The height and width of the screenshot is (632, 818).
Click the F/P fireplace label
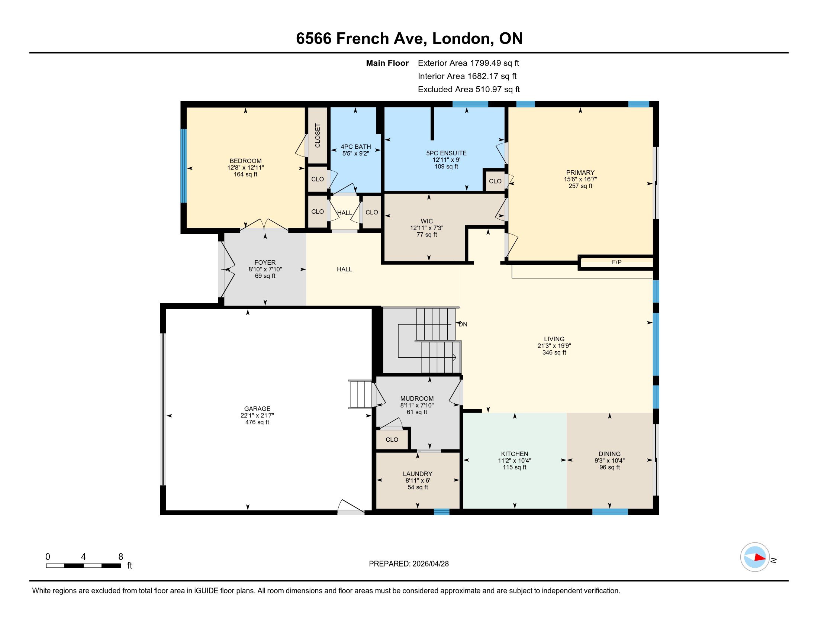click(616, 262)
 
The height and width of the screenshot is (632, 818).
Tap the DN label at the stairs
click(463, 324)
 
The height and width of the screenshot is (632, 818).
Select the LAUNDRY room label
click(418, 474)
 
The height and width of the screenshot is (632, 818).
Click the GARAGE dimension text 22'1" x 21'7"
click(257, 415)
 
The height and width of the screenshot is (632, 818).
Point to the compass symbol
click(755, 557)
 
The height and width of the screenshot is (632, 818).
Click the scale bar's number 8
click(120, 557)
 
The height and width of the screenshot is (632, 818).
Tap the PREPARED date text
click(409, 564)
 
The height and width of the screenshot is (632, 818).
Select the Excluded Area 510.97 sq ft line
click(468, 90)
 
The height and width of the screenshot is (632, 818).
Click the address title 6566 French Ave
click(409, 38)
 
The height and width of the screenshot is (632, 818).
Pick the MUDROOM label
click(417, 399)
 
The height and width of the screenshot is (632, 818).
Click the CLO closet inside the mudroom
click(392, 439)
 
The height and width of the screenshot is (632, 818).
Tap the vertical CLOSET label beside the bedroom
click(318, 136)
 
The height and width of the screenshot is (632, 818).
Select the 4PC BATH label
click(356, 147)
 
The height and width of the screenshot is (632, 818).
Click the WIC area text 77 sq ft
click(426, 235)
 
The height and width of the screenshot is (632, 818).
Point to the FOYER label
click(265, 262)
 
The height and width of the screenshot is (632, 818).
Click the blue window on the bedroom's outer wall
click(184, 165)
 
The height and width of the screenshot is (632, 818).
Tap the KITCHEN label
click(515, 454)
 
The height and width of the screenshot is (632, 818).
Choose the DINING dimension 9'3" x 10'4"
click(609, 461)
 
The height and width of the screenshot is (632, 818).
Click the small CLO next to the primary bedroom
click(495, 181)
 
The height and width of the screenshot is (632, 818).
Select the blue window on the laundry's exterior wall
click(441, 512)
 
